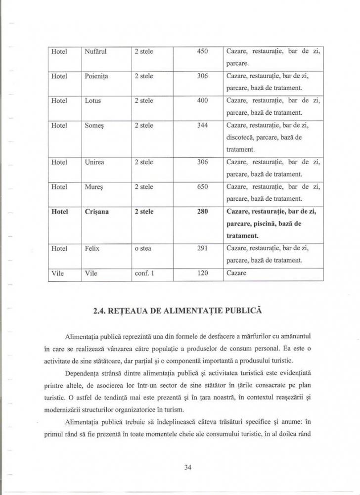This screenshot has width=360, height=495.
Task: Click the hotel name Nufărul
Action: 96,51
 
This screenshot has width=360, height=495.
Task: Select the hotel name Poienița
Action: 97,77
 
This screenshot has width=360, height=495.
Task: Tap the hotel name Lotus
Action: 93,101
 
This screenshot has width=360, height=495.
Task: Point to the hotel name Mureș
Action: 94,187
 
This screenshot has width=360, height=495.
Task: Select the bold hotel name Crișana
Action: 97,212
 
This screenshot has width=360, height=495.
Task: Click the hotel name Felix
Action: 92,248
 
